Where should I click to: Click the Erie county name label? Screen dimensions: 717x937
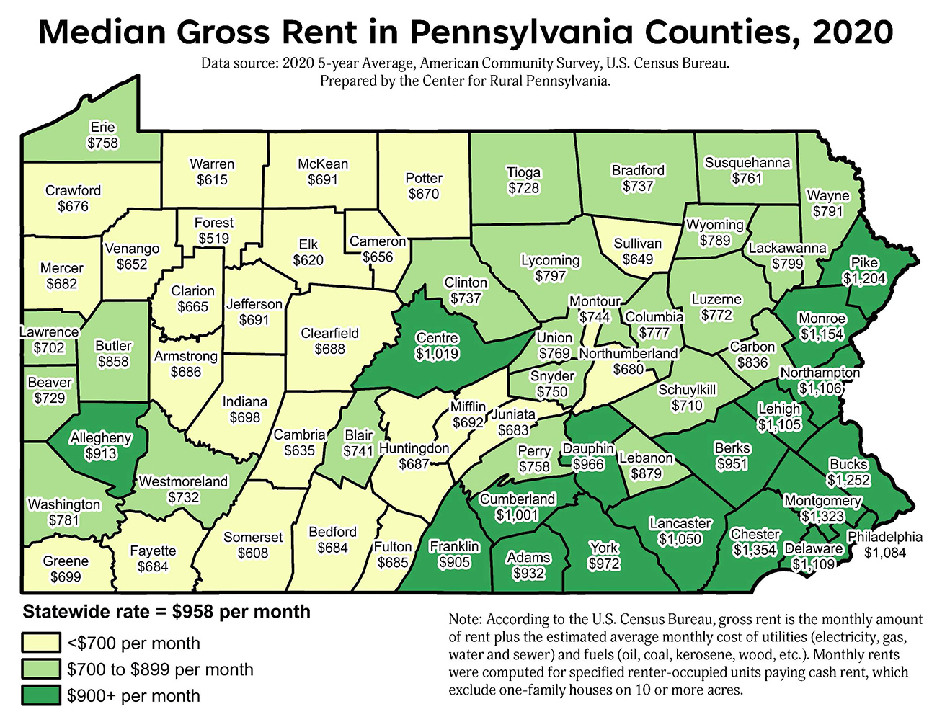coord(102,128)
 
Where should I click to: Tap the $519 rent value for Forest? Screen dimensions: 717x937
coord(213,239)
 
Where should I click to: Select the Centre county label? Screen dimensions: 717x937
coord(438,338)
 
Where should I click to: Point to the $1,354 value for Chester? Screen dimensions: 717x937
coord(755,551)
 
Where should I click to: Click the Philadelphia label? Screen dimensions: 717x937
coord(884,537)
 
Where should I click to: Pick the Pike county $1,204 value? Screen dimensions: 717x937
coord(864,278)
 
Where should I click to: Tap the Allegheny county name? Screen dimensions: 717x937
coord(101,438)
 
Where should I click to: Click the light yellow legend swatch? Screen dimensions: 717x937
coord(41,643)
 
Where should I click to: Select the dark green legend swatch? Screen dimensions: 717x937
coord(41,696)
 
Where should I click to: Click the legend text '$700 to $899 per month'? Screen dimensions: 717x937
coord(160,669)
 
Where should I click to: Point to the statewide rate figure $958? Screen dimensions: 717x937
coord(192,612)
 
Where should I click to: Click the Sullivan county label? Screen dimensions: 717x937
coord(637,244)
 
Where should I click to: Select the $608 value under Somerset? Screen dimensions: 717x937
coord(253,553)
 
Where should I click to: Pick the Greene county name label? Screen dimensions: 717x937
coord(66,561)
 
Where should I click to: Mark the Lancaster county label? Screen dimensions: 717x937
coord(680,523)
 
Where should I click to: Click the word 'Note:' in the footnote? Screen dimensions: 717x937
coord(465,620)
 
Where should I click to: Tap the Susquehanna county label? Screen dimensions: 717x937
coord(747,163)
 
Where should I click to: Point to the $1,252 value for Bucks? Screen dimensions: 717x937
coord(848,481)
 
